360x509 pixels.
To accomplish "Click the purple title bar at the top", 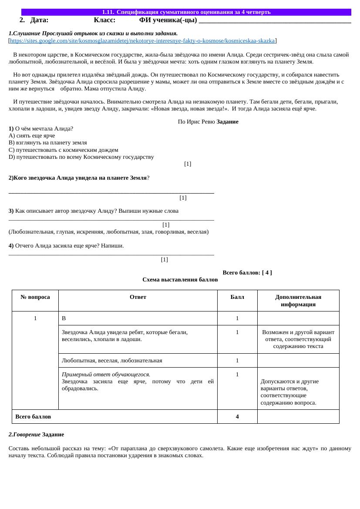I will (186, 12).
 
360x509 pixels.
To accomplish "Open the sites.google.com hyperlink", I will (142, 41).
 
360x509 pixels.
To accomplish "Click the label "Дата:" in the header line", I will (40, 20).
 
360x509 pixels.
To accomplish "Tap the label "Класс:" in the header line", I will (104, 20).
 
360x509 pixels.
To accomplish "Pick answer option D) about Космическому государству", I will (81, 157).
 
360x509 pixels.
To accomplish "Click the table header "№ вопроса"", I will (35, 297).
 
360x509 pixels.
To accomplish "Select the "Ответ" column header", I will (138, 297).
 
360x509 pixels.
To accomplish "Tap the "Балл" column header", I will (237, 297).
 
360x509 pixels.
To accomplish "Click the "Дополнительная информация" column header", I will (298, 301).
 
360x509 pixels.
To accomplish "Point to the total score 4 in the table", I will (237, 417).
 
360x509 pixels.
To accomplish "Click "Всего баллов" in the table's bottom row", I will (33, 417).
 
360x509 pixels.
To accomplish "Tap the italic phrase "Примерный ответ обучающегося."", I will (106, 375).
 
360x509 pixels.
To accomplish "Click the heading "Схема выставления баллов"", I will (180, 280).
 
